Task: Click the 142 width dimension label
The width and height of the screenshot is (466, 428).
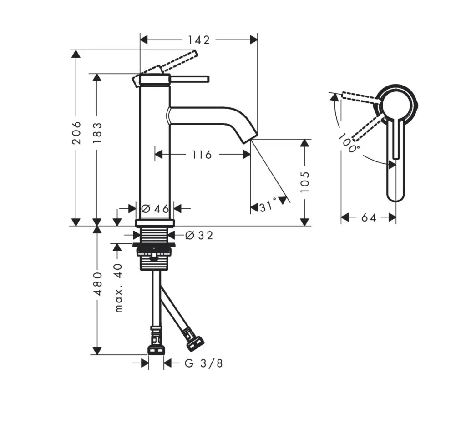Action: pyautogui.click(x=198, y=40)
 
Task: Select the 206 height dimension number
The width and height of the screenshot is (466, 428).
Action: pyautogui.click(x=76, y=132)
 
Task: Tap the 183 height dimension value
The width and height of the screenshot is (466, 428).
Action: pyautogui.click(x=97, y=132)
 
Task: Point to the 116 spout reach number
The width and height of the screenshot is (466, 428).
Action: pyautogui.click(x=202, y=155)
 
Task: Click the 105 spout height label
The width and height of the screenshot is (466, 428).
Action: pyautogui.click(x=304, y=182)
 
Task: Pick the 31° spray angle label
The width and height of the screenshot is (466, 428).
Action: pyautogui.click(x=268, y=206)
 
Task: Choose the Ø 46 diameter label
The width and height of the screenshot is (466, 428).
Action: pyautogui.click(x=155, y=209)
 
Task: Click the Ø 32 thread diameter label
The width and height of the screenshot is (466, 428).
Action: pyautogui.click(x=199, y=235)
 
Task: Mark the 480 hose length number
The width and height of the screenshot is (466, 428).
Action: pyautogui.click(x=98, y=284)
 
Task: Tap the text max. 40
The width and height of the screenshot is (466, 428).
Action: pyautogui.click(x=118, y=287)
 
